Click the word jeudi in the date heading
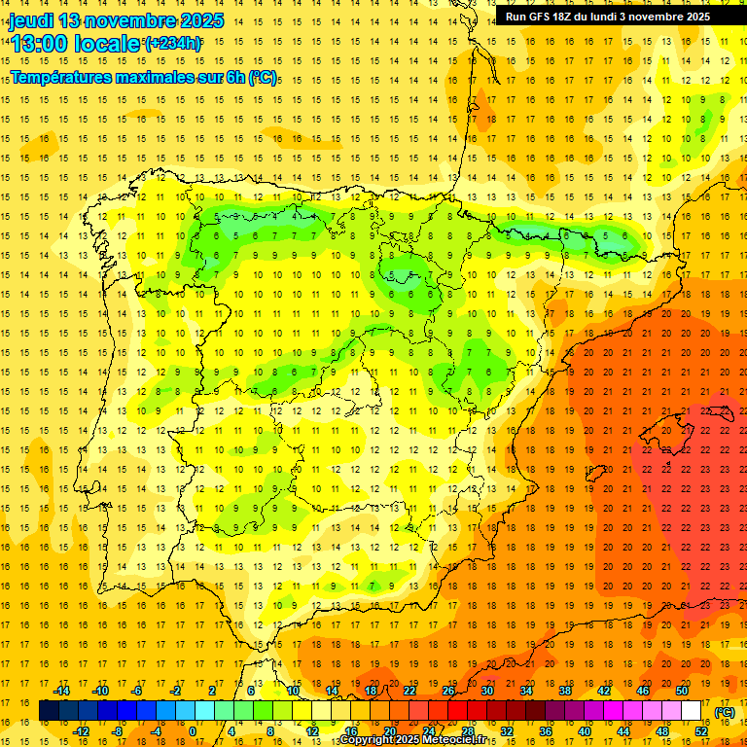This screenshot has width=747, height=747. coord(31,20)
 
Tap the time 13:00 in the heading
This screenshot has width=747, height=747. coord(40,43)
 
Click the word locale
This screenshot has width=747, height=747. coord(107,43)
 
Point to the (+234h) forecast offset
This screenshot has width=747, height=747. coord(173,43)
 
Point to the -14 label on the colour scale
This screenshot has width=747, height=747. coord(62,691)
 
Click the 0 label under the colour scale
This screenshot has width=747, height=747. coord(192,731)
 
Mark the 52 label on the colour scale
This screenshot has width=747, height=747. coord(701,731)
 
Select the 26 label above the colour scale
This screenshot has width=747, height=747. coord(448,691)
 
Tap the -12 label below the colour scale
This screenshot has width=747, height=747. coord(82,731)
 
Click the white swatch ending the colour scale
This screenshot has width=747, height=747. coord(692,711)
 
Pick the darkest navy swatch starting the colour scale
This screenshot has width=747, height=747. coord(49,711)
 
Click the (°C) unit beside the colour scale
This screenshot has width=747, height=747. coord(725,712)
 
